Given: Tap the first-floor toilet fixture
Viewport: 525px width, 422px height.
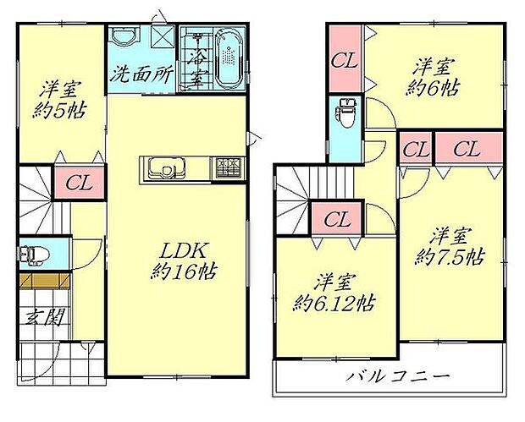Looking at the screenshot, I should coord(31,254).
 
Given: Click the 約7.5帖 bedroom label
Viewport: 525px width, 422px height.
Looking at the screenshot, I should coord(449,244).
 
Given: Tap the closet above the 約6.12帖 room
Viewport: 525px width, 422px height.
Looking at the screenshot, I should coord(337,219).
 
